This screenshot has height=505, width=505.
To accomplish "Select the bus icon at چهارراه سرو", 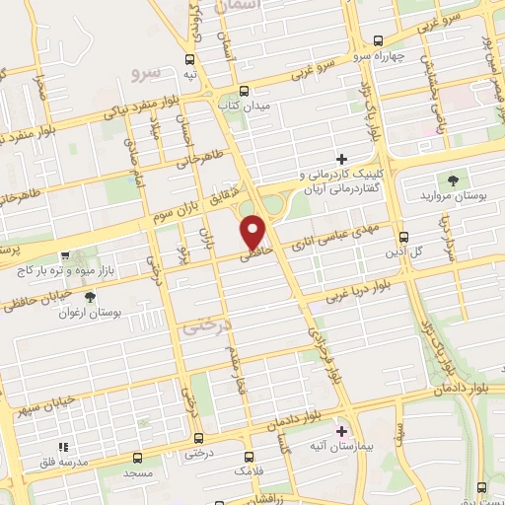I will (379, 40).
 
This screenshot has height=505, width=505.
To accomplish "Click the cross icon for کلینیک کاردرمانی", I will (342, 158).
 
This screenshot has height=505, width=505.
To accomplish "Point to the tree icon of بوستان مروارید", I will (453, 180).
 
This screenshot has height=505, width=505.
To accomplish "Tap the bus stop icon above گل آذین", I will (403, 237).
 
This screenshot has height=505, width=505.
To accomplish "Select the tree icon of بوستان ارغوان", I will (91, 296).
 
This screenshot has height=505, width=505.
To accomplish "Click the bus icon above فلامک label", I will (248, 457).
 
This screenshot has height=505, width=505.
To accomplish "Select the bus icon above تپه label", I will (190, 57).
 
